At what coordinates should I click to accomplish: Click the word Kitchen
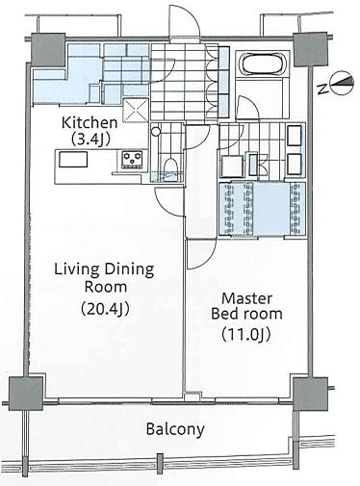[x=90, y=122]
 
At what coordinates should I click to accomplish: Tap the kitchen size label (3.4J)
[x=90, y=139]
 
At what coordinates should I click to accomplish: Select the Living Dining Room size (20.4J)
[x=105, y=309]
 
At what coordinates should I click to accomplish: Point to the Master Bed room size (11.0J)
[x=246, y=334]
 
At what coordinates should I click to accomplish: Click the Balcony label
[x=175, y=428]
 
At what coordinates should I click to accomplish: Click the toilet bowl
[x=170, y=167]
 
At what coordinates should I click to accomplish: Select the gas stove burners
[x=132, y=159]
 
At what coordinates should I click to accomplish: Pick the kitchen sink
[x=73, y=160]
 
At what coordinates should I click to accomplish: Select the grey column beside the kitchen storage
[x=48, y=50]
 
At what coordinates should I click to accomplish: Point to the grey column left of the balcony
[x=26, y=394]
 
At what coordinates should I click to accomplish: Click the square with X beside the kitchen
[x=136, y=111]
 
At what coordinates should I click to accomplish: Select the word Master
[x=247, y=298]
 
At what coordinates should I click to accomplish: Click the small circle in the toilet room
[x=156, y=131]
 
